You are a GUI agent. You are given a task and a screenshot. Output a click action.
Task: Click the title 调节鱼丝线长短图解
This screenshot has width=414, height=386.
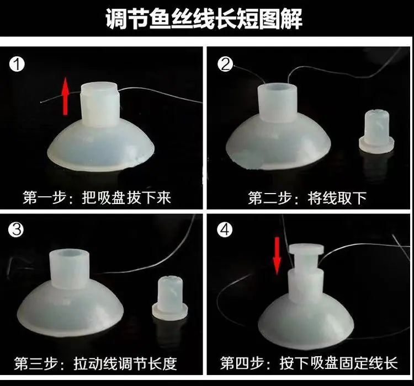click(204, 18)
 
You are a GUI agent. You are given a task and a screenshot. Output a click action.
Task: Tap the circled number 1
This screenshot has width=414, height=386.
click(17, 65)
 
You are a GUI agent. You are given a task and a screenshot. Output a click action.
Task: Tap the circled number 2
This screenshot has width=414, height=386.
click(225, 64)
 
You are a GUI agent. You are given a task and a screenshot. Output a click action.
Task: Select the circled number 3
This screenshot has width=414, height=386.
click(16, 229)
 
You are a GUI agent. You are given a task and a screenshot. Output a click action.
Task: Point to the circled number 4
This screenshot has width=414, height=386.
click(225, 229)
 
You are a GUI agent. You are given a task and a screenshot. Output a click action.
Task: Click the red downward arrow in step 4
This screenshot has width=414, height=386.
click(277, 256)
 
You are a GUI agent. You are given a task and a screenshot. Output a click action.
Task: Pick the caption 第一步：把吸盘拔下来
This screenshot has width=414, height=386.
click(97, 197)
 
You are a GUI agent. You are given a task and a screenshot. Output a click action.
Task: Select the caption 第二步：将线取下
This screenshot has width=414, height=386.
click(307, 197)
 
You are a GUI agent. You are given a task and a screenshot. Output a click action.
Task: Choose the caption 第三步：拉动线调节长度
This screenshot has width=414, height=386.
click(95, 363)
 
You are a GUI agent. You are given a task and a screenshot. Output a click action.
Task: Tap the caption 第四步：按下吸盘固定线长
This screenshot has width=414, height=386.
click(309, 363)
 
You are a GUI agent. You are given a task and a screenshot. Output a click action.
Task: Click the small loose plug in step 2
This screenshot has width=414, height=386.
click(376, 132)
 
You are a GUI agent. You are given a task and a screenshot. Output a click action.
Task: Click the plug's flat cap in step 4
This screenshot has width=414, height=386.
click(306, 249)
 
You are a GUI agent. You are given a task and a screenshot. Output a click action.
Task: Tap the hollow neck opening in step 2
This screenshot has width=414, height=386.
click(277, 88)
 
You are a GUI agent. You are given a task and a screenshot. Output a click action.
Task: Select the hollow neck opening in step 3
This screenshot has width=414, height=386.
click(69, 254)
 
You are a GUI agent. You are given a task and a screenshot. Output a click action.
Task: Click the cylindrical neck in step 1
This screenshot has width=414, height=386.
click(100, 105)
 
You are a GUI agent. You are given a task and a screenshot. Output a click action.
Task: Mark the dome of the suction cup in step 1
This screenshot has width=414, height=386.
click(100, 147)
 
